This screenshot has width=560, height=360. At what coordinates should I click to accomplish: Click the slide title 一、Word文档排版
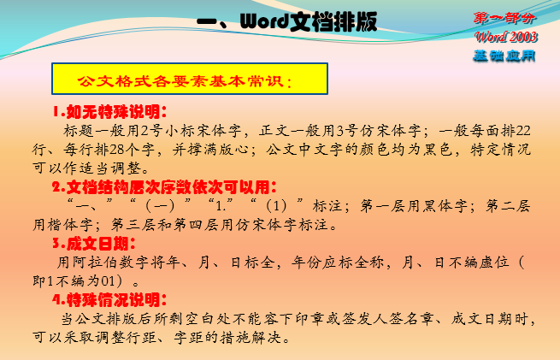tap(286, 21)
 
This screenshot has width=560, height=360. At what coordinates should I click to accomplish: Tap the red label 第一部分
tap(504, 18)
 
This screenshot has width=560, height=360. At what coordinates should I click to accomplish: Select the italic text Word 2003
tap(506, 37)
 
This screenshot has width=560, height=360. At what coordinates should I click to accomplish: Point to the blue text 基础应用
tap(504, 56)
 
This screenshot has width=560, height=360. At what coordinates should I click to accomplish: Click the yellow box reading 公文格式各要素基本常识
tap(190, 79)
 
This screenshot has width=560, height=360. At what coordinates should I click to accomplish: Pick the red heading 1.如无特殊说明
tap(109, 112)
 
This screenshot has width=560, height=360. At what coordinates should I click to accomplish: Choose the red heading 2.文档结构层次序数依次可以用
tap(164, 186)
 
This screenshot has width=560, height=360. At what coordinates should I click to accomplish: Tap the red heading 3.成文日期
tap(94, 244)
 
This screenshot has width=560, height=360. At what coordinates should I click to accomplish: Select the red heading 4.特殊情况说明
tap(109, 299)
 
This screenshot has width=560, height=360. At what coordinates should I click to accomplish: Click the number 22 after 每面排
tap(523, 131)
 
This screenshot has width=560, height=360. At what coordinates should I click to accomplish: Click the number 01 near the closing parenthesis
tap(108, 281)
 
